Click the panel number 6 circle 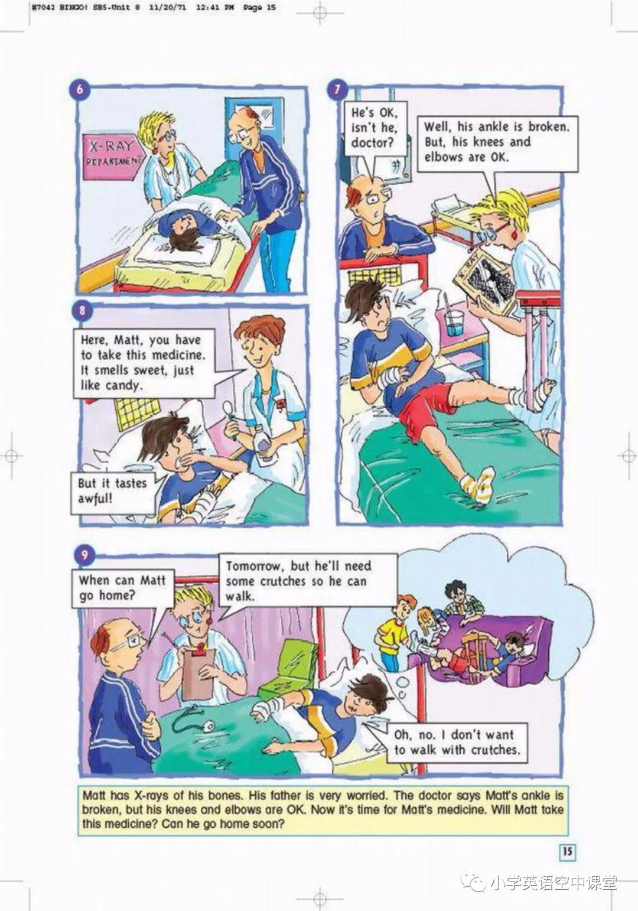coord(80,89)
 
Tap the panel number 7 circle coord(337,89)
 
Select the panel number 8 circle coord(83,311)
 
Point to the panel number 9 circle coord(84,554)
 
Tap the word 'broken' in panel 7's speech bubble coord(548,127)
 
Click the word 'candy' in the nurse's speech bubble coord(123,386)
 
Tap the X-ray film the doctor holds coord(486,285)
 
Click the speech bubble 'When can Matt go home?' coord(123,588)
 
